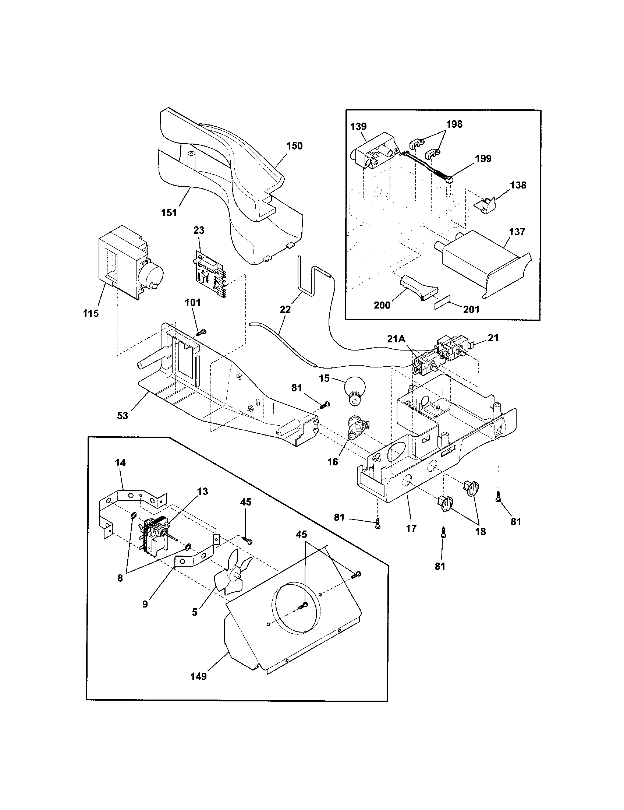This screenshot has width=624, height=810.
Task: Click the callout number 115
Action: pos(91,313)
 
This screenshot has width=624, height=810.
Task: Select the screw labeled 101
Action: pos(201,332)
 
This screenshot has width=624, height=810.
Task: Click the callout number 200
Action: pos(382,305)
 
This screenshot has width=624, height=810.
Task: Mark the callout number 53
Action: pos(122,415)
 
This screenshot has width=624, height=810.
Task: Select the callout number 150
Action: pos(294,146)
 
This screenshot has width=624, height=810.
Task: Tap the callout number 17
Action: pos(411,528)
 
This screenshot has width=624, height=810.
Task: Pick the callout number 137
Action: pos(517,232)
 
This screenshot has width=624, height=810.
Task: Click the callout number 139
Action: pos(358,126)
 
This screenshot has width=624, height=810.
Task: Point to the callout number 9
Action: pos(145,604)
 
